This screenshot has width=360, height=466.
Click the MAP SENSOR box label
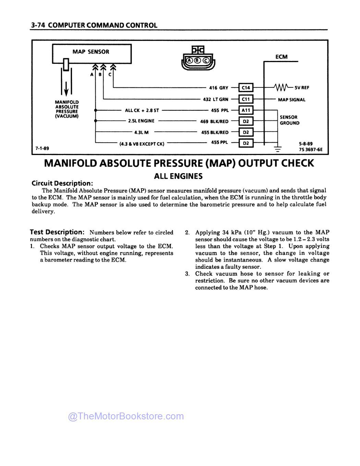click(91, 52)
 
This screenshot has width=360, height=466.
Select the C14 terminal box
click(245, 88)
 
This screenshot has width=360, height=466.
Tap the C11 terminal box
click(245, 99)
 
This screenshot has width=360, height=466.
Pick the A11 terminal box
click(245, 110)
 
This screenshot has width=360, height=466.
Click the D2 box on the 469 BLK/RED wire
click(245, 121)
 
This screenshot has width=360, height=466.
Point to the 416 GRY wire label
click(218, 88)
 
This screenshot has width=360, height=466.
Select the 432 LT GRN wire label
click(215, 99)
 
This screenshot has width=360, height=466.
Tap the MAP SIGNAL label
click(291, 100)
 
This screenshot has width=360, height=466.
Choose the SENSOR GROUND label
click(289, 120)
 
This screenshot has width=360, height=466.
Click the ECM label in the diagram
click(281, 57)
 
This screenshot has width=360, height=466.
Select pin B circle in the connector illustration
click(197, 60)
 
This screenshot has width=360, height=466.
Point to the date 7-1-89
click(42, 148)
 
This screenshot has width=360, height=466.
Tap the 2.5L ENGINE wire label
click(141, 121)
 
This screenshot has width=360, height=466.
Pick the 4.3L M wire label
click(141, 132)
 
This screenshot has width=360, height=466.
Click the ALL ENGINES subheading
click(178, 176)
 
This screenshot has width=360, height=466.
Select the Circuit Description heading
click(62, 183)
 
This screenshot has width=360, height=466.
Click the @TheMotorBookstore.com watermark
click(126, 416)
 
